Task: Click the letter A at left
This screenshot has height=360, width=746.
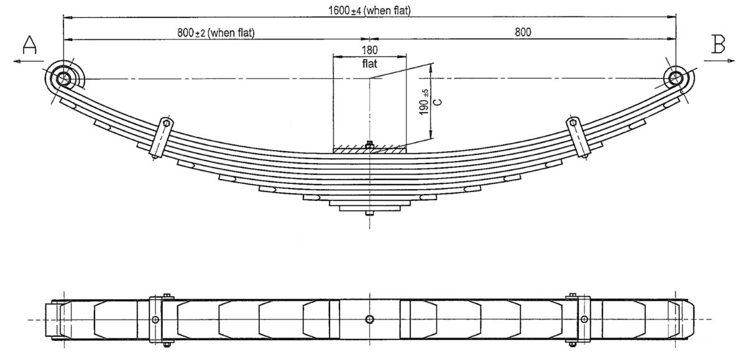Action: (x=30, y=45)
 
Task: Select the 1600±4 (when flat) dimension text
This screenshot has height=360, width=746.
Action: (x=369, y=9)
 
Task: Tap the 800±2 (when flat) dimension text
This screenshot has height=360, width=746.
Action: (x=216, y=32)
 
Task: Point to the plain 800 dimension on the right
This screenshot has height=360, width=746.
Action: (x=523, y=32)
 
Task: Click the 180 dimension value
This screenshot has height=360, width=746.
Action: (x=369, y=50)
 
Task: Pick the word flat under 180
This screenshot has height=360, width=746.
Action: (x=369, y=63)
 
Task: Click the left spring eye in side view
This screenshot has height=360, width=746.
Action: (x=63, y=78)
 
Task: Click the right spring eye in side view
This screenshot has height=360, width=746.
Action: (x=676, y=78)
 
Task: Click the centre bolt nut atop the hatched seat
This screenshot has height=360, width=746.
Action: (x=369, y=144)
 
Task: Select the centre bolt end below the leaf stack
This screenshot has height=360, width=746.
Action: (x=369, y=215)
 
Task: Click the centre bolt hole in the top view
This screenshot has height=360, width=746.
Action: (x=369, y=319)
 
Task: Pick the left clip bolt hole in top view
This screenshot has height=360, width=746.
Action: (x=155, y=320)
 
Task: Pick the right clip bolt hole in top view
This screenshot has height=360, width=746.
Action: (x=584, y=320)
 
